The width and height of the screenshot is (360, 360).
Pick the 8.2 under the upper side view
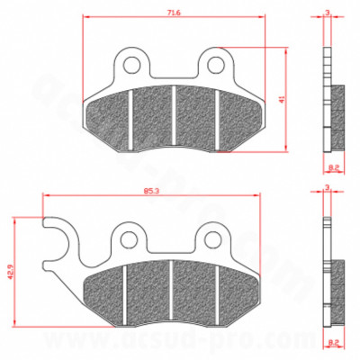coord(333,167)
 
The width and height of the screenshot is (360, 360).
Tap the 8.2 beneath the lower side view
coord(333,343)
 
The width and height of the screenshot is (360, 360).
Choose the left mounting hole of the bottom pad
coord(130,238)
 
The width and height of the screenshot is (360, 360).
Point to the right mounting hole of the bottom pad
coord(211,238)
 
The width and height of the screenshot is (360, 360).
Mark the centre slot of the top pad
coord(173,117)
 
